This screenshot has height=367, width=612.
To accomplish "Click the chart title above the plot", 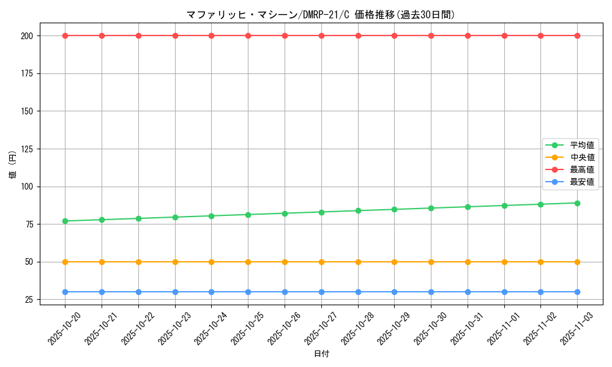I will coord(321,15).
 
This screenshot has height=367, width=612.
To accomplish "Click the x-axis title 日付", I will coord(321,354).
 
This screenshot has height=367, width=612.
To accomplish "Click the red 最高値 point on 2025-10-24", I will coord(211,35).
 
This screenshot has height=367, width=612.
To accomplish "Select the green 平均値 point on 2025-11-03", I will coord(577,203).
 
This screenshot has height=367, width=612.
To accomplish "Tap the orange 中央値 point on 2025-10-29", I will coord(394,262).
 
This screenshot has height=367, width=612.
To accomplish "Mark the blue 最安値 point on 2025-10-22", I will coord(138,292).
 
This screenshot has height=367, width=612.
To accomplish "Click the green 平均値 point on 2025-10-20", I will coord(65,221).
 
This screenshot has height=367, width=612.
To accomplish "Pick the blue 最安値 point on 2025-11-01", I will coord(504,292).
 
